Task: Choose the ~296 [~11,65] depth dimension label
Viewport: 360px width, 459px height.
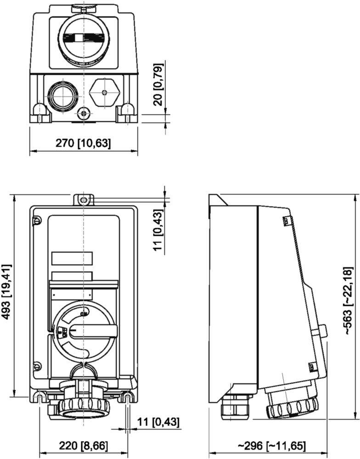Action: pos(272,446)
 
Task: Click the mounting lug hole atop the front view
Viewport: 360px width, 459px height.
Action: pos(83,200)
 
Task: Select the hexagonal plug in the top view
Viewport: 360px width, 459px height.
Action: pos(105,92)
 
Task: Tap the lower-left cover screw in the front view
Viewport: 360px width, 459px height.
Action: pos(37,366)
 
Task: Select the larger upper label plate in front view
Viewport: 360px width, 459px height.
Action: pos(72,258)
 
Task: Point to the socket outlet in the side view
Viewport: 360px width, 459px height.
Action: pos(291,403)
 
